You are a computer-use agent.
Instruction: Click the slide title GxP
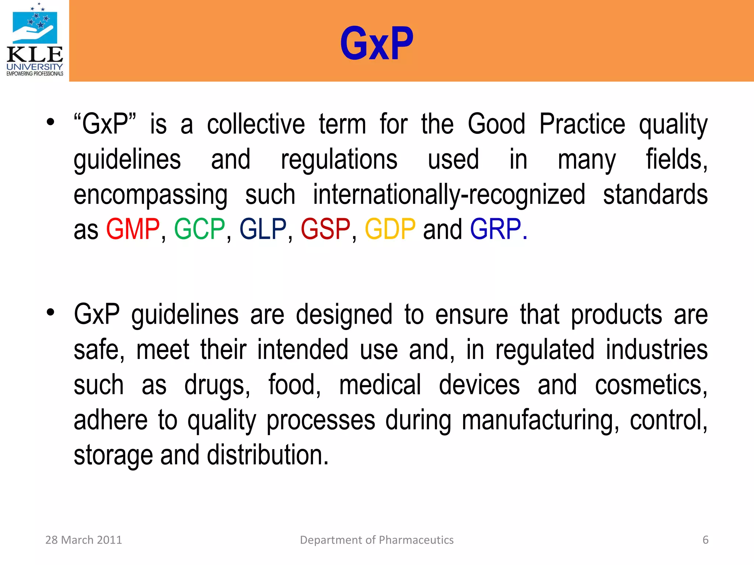377,43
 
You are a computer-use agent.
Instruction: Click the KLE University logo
35,40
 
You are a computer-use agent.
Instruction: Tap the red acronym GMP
133,229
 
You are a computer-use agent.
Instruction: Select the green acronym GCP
199,229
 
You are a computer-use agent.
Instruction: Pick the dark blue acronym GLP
263,229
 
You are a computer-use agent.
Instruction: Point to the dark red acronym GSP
325,229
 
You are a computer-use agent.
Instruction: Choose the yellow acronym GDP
390,229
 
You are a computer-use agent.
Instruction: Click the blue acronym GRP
496,229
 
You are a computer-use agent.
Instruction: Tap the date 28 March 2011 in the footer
84,540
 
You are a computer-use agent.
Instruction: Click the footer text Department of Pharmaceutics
377,540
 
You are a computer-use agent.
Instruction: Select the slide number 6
705,540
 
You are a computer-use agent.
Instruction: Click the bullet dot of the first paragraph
50,122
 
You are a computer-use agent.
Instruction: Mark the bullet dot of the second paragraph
50,312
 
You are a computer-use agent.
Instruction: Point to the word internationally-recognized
449,195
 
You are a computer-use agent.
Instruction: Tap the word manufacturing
539,420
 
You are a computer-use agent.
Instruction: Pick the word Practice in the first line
582,124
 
